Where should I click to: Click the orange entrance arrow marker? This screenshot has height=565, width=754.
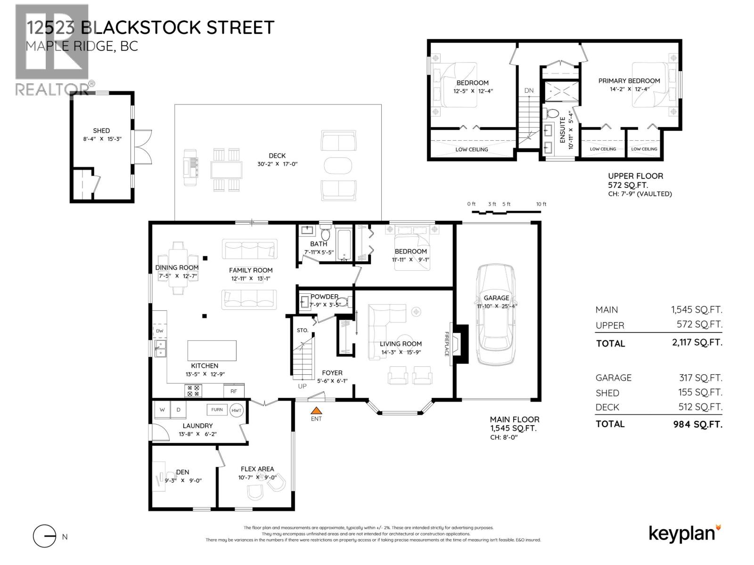pyautogui.click(x=316, y=410)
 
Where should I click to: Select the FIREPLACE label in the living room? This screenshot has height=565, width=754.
pyautogui.click(x=447, y=344)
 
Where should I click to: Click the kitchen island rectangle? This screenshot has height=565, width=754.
pyautogui.click(x=212, y=350)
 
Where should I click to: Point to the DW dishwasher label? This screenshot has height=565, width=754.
pyautogui.click(x=159, y=331)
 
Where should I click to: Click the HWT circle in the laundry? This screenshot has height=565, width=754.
pyautogui.click(x=237, y=410)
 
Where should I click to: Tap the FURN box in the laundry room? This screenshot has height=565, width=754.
pyautogui.click(x=217, y=410)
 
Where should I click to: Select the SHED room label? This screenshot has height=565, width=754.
pyautogui.click(x=101, y=131)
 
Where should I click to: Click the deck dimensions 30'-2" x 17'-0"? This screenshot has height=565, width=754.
pyautogui.click(x=277, y=164)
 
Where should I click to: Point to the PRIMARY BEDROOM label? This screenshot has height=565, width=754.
pyautogui.click(x=629, y=81)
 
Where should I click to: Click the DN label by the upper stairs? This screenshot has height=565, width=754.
pyautogui.click(x=529, y=90)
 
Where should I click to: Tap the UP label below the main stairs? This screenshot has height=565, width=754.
pyautogui.click(x=302, y=386)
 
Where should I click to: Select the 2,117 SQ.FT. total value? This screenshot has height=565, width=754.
pyautogui.click(x=697, y=342)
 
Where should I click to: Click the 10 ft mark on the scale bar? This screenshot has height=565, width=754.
pyautogui.click(x=541, y=204)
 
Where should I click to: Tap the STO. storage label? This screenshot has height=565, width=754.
pyautogui.click(x=302, y=331)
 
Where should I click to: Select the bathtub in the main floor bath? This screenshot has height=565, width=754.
pyautogui.click(x=344, y=245)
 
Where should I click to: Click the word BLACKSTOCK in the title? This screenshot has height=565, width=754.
pyautogui.click(x=140, y=27)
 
